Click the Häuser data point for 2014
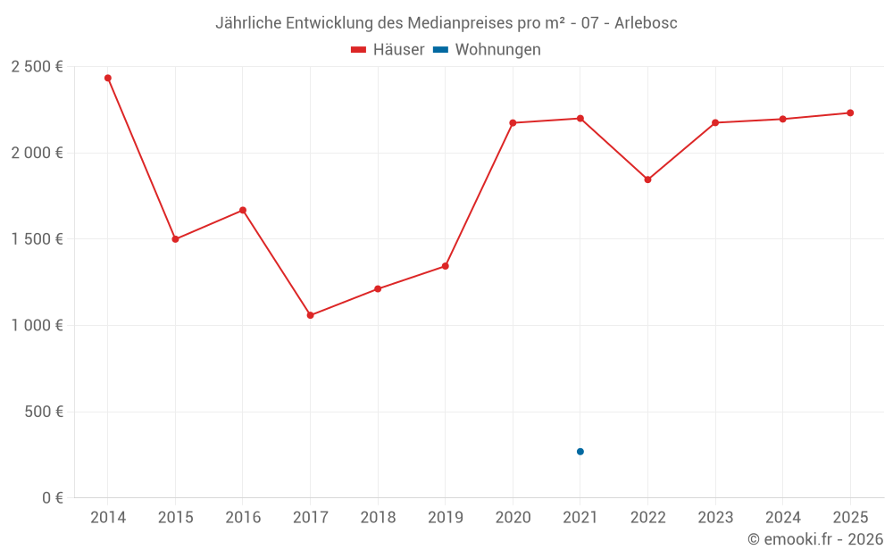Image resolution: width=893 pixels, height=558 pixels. click(108, 78)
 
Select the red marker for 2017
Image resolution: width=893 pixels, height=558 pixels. click(310, 315)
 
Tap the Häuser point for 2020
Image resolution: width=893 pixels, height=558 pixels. click(513, 122)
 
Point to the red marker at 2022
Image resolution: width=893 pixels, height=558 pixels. click(647, 179)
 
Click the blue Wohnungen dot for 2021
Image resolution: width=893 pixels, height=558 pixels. click(580, 452)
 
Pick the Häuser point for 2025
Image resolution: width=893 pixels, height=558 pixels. click(850, 112)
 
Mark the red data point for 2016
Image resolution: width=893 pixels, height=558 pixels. click(243, 210)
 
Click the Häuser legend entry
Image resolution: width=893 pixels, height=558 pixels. click(388, 50)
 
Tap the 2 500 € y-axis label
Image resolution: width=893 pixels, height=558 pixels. click(37, 67)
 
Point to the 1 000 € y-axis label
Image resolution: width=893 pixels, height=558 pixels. click(37, 326)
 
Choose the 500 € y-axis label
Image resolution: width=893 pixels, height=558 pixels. click(44, 412)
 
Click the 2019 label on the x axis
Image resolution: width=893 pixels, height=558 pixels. click(445, 518)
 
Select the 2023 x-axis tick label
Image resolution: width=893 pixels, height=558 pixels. click(715, 518)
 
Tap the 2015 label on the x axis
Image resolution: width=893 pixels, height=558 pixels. click(175, 518)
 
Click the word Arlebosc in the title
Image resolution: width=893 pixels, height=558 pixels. click(646, 23)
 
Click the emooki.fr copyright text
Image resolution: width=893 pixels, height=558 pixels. click(815, 539)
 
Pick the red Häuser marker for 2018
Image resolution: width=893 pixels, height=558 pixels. click(378, 288)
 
